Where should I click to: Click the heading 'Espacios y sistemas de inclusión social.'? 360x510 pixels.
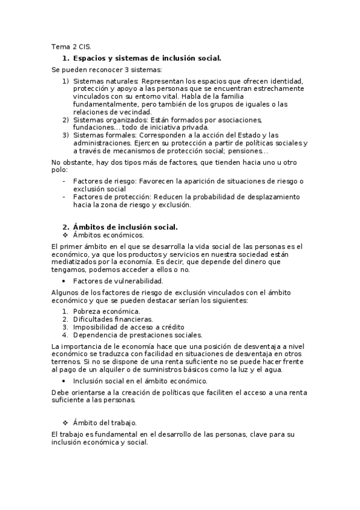point(147,58)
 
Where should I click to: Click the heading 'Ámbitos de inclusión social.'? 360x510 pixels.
point(125,227)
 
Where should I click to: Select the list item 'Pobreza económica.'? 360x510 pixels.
point(106,311)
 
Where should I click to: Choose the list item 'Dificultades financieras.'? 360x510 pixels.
point(113,319)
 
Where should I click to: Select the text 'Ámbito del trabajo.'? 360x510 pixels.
point(105,423)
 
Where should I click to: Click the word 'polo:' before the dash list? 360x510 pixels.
point(60,170)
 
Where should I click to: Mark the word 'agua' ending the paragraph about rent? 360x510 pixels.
point(273,369)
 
